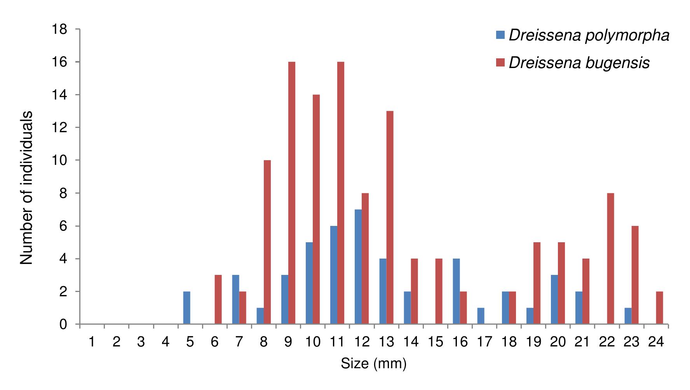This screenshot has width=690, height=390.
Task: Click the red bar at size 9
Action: click(x=292, y=193)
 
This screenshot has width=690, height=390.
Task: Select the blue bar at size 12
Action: click(x=358, y=267)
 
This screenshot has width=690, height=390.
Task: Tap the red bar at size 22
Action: click(x=610, y=259)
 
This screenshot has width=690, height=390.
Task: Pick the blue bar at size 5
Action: click(x=186, y=308)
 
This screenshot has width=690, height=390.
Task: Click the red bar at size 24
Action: click(x=659, y=308)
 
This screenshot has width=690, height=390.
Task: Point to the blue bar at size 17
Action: click(x=481, y=316)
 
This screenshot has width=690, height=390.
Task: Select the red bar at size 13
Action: click(x=390, y=218)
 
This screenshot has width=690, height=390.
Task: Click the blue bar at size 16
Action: click(x=456, y=291)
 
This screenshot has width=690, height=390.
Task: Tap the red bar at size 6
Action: click(x=218, y=299)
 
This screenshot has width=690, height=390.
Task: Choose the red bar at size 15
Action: click(x=439, y=291)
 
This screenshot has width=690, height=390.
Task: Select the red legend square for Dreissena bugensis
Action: click(x=500, y=63)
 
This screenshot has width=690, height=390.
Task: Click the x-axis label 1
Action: click(x=92, y=342)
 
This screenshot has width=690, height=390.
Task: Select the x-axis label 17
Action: click(x=484, y=342)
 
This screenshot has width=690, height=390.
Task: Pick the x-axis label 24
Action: click(x=656, y=342)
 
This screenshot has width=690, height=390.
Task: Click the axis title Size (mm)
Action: click(x=373, y=364)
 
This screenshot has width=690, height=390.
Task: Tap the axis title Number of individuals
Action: click(x=26, y=188)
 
